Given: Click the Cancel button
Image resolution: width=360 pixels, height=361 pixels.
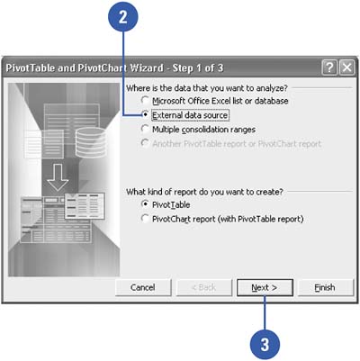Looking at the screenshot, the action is [143, 287].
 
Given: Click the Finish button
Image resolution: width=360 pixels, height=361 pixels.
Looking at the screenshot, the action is [325, 287].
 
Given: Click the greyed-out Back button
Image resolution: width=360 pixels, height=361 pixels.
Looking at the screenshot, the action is [204, 287].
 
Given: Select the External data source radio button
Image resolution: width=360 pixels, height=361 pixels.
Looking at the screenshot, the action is [145, 114].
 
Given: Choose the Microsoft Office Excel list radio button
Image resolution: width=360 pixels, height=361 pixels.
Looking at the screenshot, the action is [145, 100].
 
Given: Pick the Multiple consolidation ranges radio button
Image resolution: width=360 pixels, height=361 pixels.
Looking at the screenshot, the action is [145, 129].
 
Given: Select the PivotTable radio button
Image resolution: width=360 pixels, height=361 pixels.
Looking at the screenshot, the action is [145, 204].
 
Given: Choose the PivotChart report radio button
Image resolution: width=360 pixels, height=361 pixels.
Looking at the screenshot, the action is [145, 218].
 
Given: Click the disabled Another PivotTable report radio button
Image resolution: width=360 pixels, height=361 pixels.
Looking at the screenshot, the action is [145, 143].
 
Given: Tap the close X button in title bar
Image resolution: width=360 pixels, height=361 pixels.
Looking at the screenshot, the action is [346, 68].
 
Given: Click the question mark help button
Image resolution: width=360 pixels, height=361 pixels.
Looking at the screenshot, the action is [329, 68].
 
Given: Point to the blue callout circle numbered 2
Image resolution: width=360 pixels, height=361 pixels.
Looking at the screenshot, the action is [123, 17].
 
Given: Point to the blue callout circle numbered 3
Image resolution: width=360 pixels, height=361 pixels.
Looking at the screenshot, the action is [265, 344].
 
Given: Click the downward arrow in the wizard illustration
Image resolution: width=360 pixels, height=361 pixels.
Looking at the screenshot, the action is [58, 177].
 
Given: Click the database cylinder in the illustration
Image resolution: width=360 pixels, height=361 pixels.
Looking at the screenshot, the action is [90, 142].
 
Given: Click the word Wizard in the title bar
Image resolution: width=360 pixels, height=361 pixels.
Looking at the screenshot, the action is [147, 68].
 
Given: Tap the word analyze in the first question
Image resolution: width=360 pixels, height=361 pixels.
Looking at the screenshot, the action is [271, 88].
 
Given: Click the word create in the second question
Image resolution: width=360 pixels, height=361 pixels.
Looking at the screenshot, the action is [269, 192].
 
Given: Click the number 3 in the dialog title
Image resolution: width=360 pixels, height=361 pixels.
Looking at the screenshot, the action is [220, 68].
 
